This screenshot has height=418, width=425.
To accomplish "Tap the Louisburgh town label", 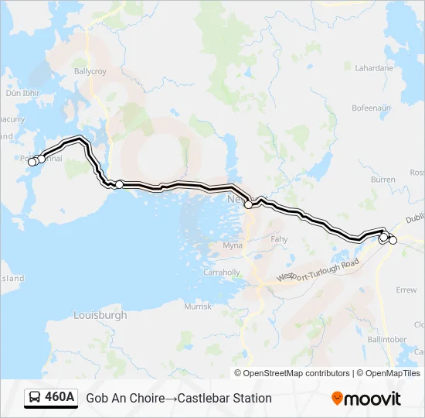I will [x=100, y=315].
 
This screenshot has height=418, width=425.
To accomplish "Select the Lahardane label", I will [x=373, y=68].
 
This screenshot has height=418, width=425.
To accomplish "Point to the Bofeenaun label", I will [x=372, y=108].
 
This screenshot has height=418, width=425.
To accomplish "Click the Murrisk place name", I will [x=197, y=307].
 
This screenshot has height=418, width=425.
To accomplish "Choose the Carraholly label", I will [x=221, y=273].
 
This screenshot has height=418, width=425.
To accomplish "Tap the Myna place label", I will [x=232, y=245].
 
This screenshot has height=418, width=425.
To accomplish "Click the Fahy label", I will [x=279, y=240].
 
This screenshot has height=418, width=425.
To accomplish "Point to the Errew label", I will [x=406, y=290].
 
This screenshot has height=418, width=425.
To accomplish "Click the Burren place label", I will [x=382, y=180].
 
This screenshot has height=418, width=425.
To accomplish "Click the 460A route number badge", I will [x=59, y=398].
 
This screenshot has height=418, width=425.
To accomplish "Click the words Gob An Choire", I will [x=125, y=398].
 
